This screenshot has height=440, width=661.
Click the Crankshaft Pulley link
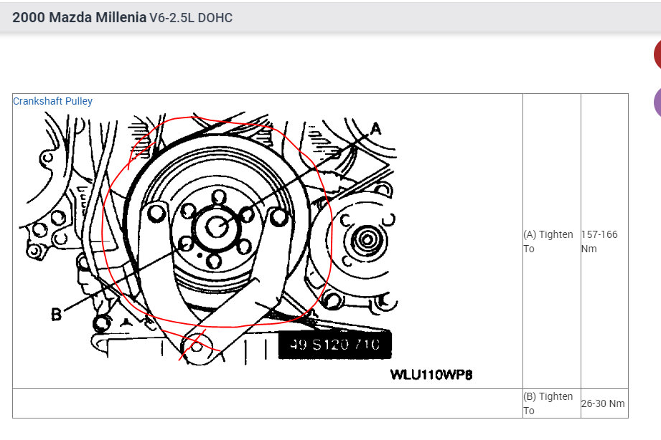coord(52,101)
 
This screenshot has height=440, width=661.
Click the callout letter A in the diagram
coord(375,129)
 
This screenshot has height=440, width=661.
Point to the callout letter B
coord(56,314)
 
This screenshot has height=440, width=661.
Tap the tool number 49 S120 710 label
coord(334,345)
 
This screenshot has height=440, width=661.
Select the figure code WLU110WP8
coord(431,375)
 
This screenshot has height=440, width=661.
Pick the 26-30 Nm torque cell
coord(603,403)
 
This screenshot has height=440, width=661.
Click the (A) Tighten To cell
coord(548,241)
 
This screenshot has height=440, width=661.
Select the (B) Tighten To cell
coord(548,403)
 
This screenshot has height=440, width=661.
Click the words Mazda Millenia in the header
coord(98,17)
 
